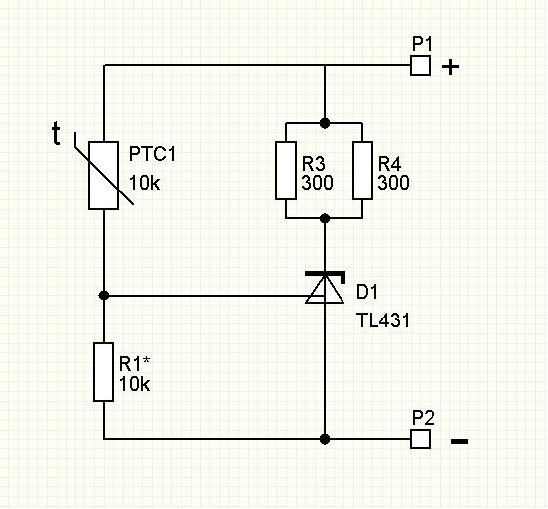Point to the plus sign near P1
coord(450,67)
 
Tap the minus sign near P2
coord(460,441)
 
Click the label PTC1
coord(152,154)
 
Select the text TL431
coord(383,320)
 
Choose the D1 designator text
coord(367,292)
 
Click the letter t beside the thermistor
coord(56,133)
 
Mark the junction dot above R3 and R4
coord(325,123)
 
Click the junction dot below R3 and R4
coord(325,218)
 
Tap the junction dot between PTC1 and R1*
coord(104,296)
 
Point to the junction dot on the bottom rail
coord(325,439)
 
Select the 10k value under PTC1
coord(145,183)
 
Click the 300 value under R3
coord(317,182)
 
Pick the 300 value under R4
coord(393,182)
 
